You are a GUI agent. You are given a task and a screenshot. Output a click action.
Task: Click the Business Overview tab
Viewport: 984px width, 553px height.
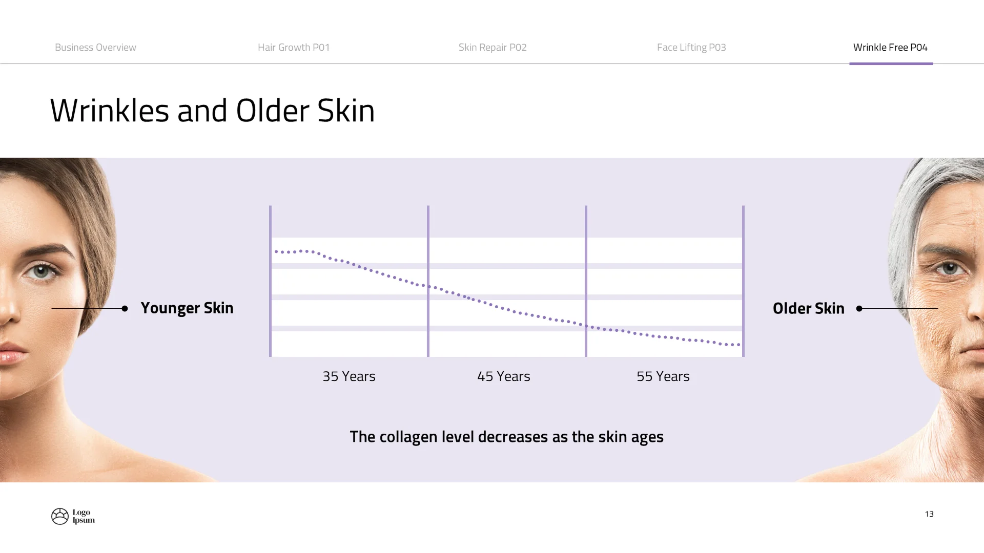95,48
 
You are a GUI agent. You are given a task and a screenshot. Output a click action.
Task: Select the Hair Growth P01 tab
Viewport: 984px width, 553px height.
294,48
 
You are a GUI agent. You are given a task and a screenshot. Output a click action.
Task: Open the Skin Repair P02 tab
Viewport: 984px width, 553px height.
493,48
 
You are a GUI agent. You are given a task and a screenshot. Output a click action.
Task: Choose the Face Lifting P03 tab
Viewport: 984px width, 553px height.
691,48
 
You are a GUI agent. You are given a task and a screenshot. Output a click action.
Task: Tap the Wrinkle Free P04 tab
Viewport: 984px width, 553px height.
890,48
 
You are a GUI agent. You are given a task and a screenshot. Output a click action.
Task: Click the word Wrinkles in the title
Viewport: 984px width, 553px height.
109,111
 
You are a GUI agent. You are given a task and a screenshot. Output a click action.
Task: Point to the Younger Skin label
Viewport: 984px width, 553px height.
187,308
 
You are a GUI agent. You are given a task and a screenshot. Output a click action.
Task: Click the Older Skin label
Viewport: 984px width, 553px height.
808,309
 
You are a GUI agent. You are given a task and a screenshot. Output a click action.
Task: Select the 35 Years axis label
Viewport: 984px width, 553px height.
349,376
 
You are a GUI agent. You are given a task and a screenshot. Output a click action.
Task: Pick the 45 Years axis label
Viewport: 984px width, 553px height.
504,376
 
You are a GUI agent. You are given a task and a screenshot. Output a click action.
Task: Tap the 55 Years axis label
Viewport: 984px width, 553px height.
663,376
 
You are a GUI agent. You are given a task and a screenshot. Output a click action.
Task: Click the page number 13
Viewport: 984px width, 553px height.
929,514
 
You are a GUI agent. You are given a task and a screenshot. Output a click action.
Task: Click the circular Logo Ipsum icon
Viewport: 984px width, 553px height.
60,516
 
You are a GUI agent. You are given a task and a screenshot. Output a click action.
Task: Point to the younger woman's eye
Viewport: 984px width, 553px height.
41,270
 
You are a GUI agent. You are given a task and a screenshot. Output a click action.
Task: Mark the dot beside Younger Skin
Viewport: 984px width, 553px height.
125,308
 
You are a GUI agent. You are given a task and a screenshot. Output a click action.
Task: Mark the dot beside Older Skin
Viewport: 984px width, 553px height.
859,308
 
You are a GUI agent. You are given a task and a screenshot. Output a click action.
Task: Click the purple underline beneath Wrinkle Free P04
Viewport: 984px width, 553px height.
891,63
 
